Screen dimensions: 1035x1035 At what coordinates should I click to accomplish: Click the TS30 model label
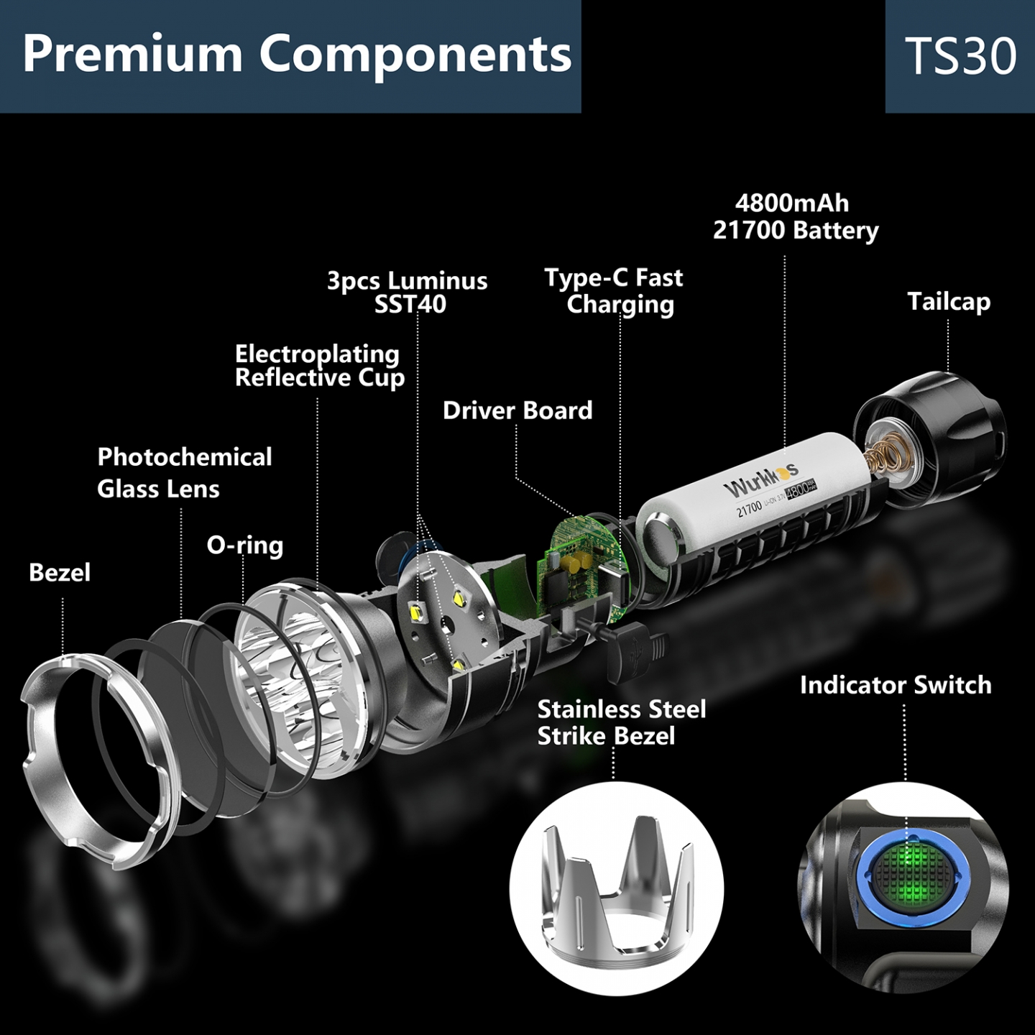[x=960, y=56]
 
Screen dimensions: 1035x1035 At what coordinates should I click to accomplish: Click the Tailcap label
[x=949, y=302]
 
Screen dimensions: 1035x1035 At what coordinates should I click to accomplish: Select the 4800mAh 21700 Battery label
[x=795, y=217]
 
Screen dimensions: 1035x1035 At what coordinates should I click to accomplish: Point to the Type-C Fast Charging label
[x=614, y=291]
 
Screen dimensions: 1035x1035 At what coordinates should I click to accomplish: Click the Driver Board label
[x=517, y=410]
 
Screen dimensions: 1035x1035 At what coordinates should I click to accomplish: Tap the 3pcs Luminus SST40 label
[x=408, y=293]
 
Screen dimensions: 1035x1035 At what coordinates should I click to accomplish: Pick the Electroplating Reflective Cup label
[x=319, y=366]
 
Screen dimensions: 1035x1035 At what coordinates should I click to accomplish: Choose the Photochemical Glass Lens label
[x=184, y=473]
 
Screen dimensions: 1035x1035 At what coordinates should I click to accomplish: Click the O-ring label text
[x=245, y=545]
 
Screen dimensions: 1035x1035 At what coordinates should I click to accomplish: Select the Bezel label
[x=60, y=573]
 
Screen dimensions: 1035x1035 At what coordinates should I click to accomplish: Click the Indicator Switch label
[x=896, y=685]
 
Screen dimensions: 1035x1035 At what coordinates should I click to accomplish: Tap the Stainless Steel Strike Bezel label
[x=622, y=723]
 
